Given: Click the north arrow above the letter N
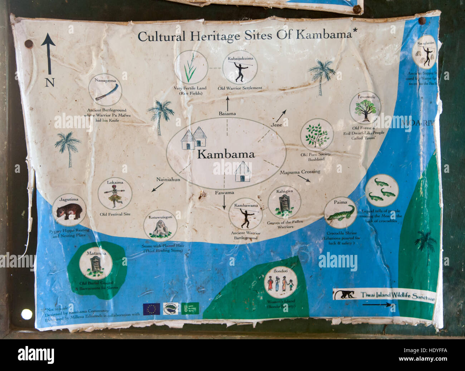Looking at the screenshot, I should point(48,52).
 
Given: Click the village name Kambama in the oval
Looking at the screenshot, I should point(226,154).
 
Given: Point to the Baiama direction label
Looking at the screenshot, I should point(227,114).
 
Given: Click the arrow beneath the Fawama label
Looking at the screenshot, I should point(224,202).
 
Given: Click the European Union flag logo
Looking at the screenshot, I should point(151,309).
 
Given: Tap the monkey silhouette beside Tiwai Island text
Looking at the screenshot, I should point(344,295).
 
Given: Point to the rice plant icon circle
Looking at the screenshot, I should point(191,67).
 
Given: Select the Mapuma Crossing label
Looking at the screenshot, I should point(300,172).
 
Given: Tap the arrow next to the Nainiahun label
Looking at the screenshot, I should point(155,188).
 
